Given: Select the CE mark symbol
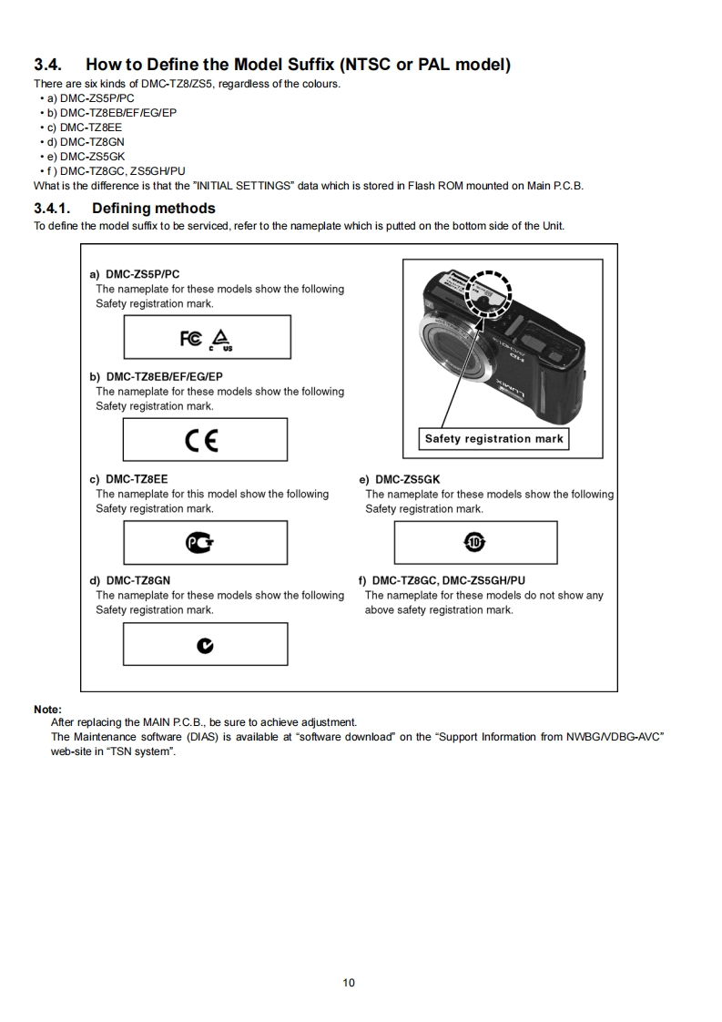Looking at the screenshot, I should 201,441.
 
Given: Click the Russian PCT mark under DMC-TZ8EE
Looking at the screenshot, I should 200,544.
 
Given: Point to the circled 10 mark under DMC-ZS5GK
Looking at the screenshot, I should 474,543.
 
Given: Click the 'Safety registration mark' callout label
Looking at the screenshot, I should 493,439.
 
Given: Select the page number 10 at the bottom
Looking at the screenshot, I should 349,982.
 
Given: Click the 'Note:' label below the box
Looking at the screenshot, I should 47,709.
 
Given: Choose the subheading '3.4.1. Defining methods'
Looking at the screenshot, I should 125,209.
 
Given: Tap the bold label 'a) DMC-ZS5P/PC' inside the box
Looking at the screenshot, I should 135,274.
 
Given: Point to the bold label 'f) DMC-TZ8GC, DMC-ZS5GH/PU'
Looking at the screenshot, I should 442,580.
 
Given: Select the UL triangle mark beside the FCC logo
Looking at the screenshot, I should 220,339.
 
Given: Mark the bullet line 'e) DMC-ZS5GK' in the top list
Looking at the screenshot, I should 91,156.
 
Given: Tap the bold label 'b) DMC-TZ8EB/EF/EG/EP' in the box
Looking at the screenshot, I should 156,376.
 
